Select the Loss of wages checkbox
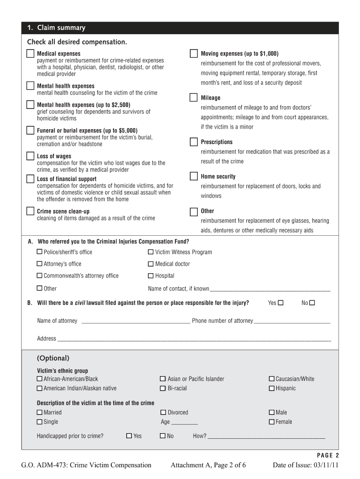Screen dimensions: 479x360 [30, 156]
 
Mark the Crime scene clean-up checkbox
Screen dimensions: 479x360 [30, 211]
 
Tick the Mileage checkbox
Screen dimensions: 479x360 [194, 97]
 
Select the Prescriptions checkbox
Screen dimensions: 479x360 [194, 141]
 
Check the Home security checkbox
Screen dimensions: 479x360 [194, 176]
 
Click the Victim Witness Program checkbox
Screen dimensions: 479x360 [151, 252]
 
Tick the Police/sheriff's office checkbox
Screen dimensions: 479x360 [40, 252]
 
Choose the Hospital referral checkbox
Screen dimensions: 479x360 [151, 276]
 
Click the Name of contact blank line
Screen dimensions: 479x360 [270, 289]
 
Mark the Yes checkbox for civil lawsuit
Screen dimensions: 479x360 [281, 303]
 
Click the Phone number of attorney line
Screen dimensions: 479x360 [292, 321]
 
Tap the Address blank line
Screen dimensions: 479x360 [194, 339]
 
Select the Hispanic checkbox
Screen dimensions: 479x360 [272, 388]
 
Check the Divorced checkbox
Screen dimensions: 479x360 [163, 413]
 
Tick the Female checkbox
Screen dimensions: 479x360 [272, 422]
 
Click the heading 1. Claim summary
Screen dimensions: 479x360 [56, 28]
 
